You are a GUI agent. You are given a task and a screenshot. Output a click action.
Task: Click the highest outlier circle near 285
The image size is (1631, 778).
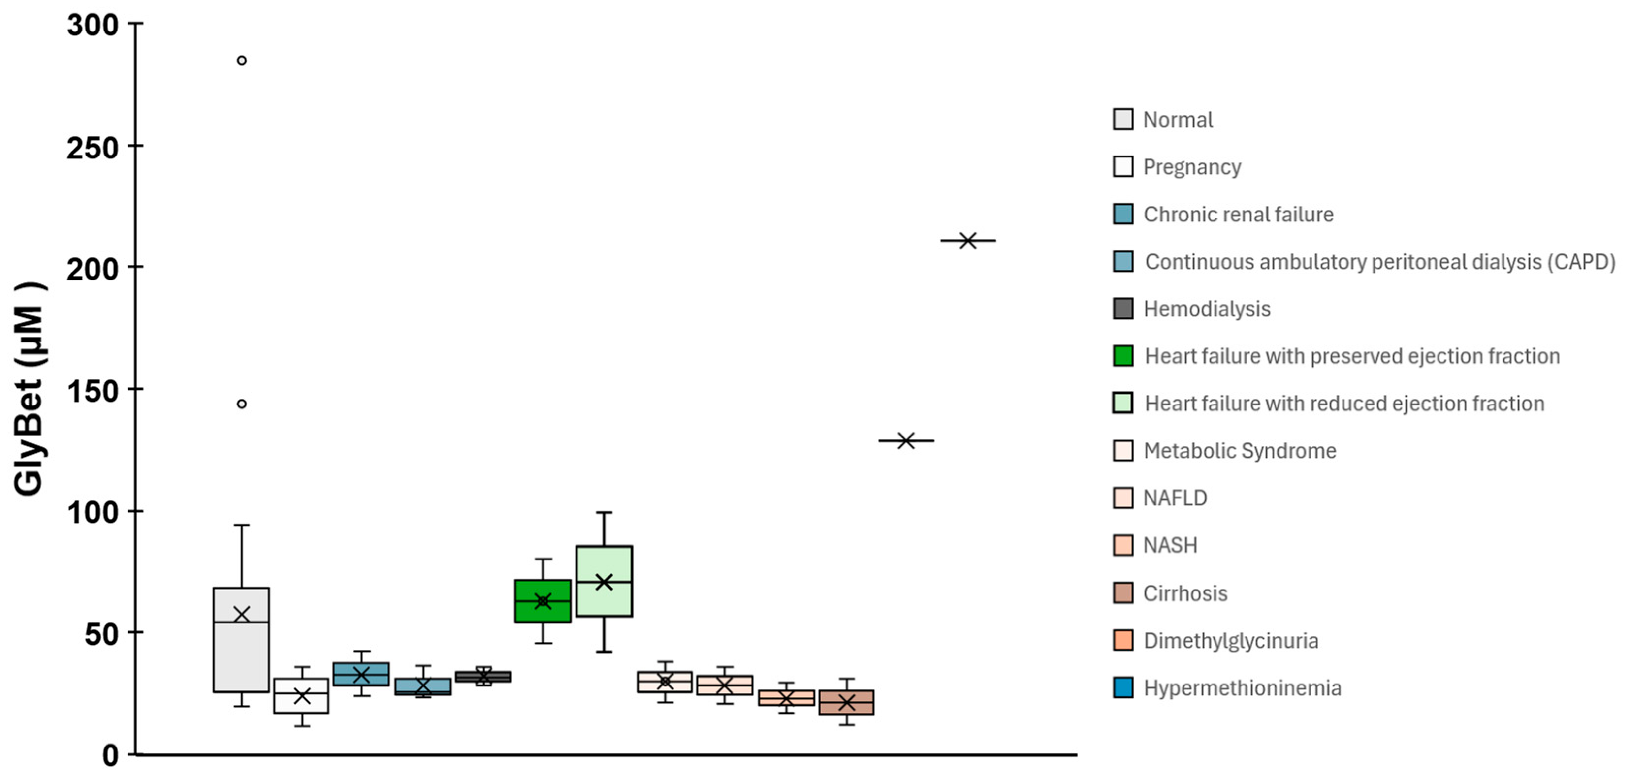(241, 61)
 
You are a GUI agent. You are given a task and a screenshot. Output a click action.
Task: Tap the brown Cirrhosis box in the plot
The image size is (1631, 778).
(847, 702)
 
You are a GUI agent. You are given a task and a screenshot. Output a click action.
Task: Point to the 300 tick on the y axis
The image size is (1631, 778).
(93, 25)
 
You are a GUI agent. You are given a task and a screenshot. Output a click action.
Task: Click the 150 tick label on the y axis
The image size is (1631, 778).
(93, 391)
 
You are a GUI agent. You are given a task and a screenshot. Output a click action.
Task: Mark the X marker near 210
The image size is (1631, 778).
(967, 241)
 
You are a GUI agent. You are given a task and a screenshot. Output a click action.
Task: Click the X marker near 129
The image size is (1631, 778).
(906, 440)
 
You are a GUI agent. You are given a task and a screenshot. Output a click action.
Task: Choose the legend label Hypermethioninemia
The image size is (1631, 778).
(1242, 688)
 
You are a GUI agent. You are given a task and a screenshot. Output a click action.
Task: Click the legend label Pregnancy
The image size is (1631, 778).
(1191, 167)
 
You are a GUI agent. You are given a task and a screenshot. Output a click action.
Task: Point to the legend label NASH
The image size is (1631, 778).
(1170, 546)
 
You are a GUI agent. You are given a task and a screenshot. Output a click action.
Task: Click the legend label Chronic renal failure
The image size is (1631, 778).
(1239, 215)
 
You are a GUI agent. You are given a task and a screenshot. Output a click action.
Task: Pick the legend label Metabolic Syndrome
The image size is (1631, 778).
(1240, 451)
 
